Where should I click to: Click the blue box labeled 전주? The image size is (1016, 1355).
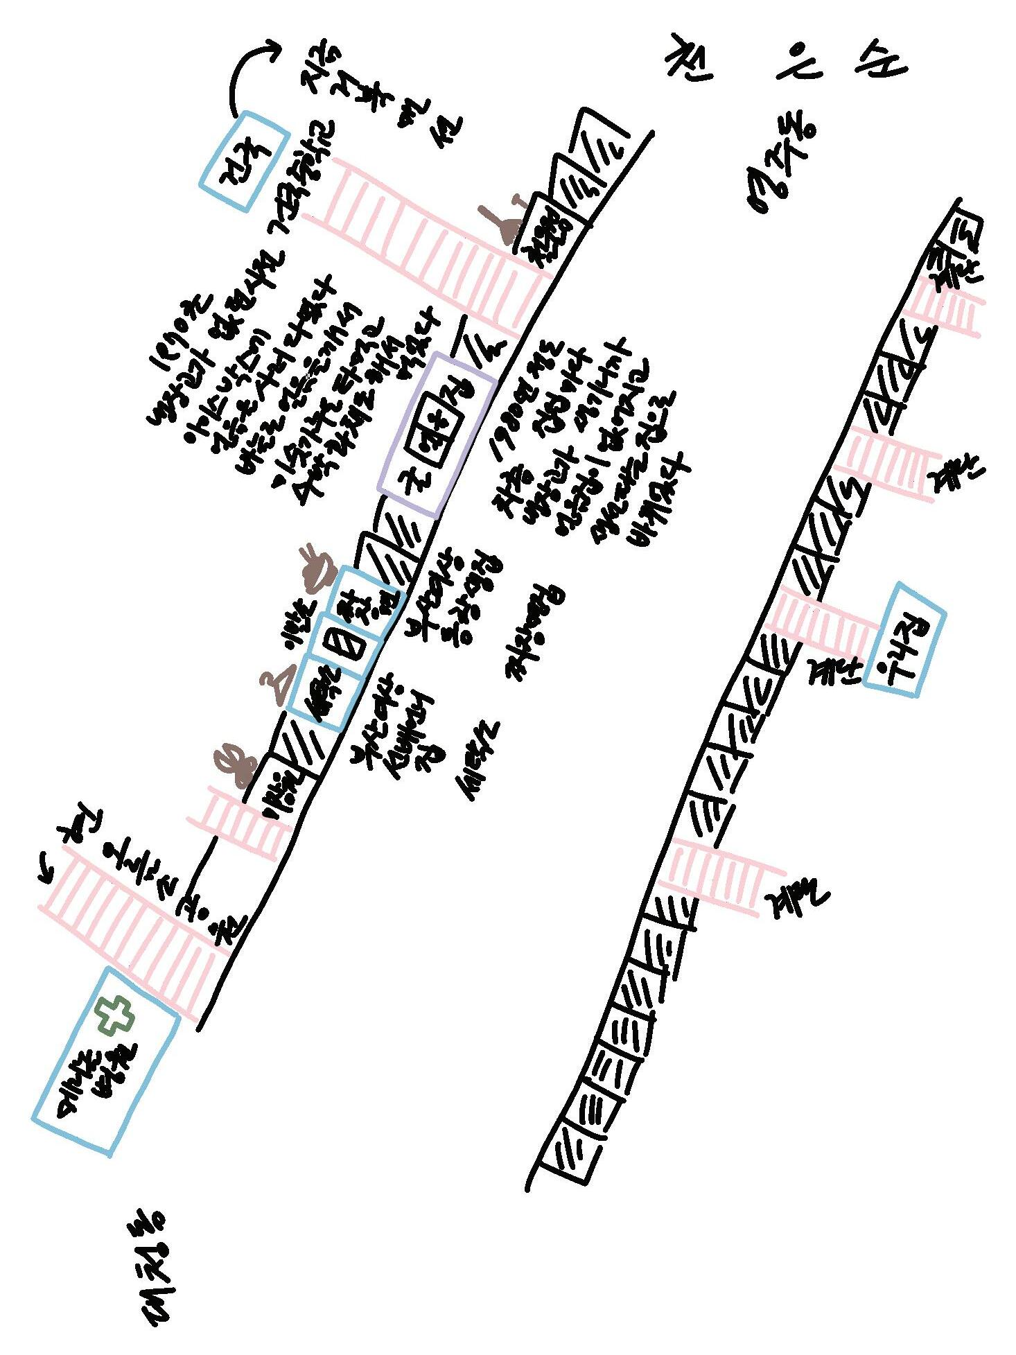pos(244,161)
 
